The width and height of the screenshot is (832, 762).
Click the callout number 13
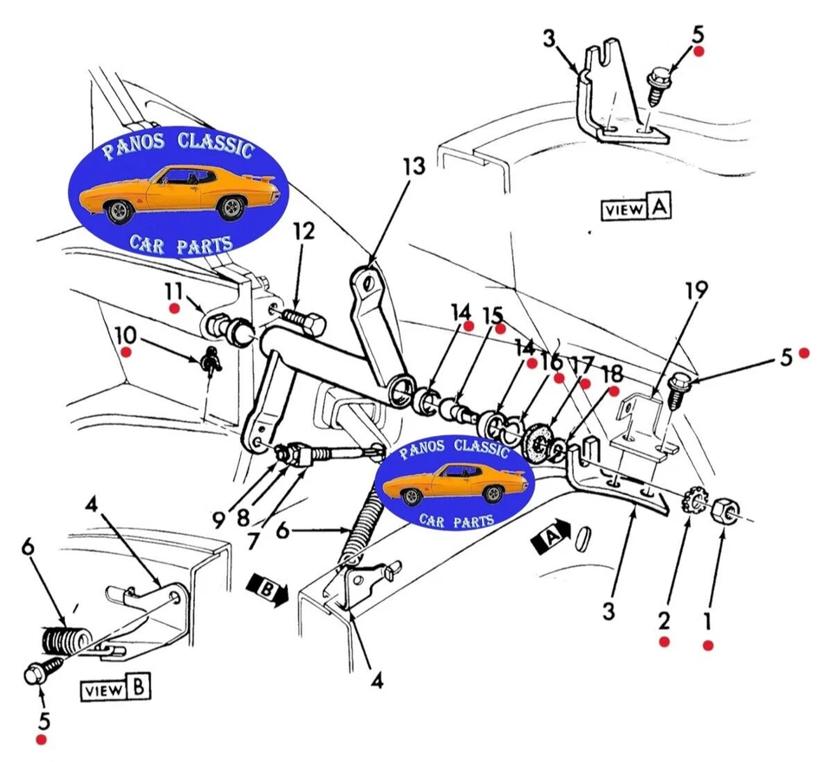[413, 166]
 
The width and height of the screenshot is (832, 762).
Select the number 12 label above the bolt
[303, 231]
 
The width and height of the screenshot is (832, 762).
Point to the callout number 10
[125, 334]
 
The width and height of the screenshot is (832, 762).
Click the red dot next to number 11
[174, 308]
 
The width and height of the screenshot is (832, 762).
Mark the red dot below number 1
[708, 645]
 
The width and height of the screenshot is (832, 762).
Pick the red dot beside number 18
[618, 391]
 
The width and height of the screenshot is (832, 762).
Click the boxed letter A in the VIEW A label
[660, 207]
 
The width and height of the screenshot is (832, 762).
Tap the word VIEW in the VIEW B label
[103, 691]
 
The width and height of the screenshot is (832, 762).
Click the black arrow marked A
[552, 534]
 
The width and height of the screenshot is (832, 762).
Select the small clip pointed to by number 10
[211, 357]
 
